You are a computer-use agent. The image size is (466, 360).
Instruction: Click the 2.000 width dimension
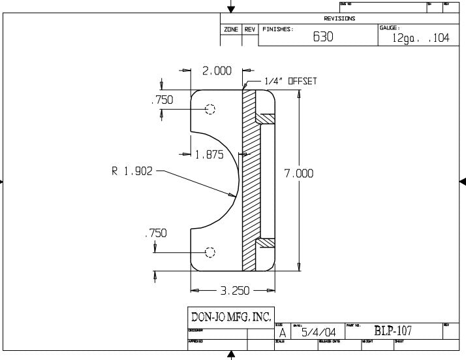216,71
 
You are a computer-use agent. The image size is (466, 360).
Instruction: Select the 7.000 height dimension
299,174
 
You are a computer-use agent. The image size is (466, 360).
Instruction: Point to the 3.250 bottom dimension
232,290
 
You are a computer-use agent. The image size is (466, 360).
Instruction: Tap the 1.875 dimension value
210,155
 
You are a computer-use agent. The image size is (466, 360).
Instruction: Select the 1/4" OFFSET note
290,82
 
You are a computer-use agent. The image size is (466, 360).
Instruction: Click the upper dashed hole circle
210,109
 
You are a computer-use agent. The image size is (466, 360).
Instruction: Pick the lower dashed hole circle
210,252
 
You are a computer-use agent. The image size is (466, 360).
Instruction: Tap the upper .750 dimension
162,101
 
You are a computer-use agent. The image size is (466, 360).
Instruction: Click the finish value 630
323,37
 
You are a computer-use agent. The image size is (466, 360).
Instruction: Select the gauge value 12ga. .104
420,39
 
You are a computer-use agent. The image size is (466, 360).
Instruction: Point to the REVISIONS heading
339,19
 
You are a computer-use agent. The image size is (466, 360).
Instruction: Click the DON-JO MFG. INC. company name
230,318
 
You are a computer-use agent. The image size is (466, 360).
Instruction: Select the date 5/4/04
318,333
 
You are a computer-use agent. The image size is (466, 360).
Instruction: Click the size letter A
282,333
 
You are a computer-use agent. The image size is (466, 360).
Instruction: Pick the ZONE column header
230,29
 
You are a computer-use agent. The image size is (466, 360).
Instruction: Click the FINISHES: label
278,29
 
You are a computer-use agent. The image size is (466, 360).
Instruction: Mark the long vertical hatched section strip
248,180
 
